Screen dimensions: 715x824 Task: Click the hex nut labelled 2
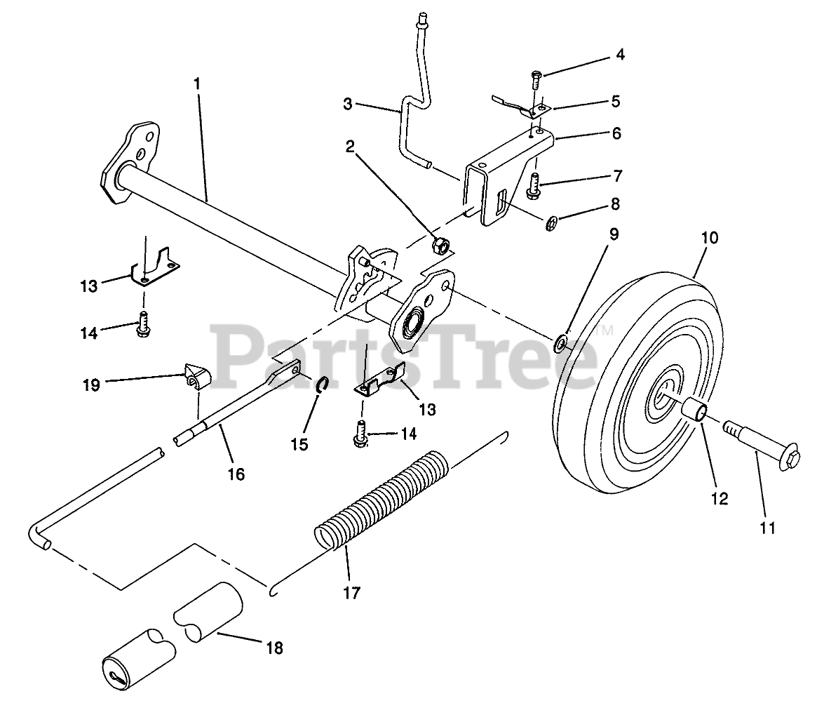[x=441, y=245]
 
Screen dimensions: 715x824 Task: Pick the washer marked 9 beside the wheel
[x=562, y=343]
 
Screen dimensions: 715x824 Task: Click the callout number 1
[x=197, y=83]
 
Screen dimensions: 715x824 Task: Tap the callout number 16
[x=236, y=474]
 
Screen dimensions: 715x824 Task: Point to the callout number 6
[x=616, y=133]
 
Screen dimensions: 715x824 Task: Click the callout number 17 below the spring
[x=351, y=593]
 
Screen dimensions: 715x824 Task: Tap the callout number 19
[x=91, y=385]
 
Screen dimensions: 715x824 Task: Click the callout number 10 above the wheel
[x=709, y=238]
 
